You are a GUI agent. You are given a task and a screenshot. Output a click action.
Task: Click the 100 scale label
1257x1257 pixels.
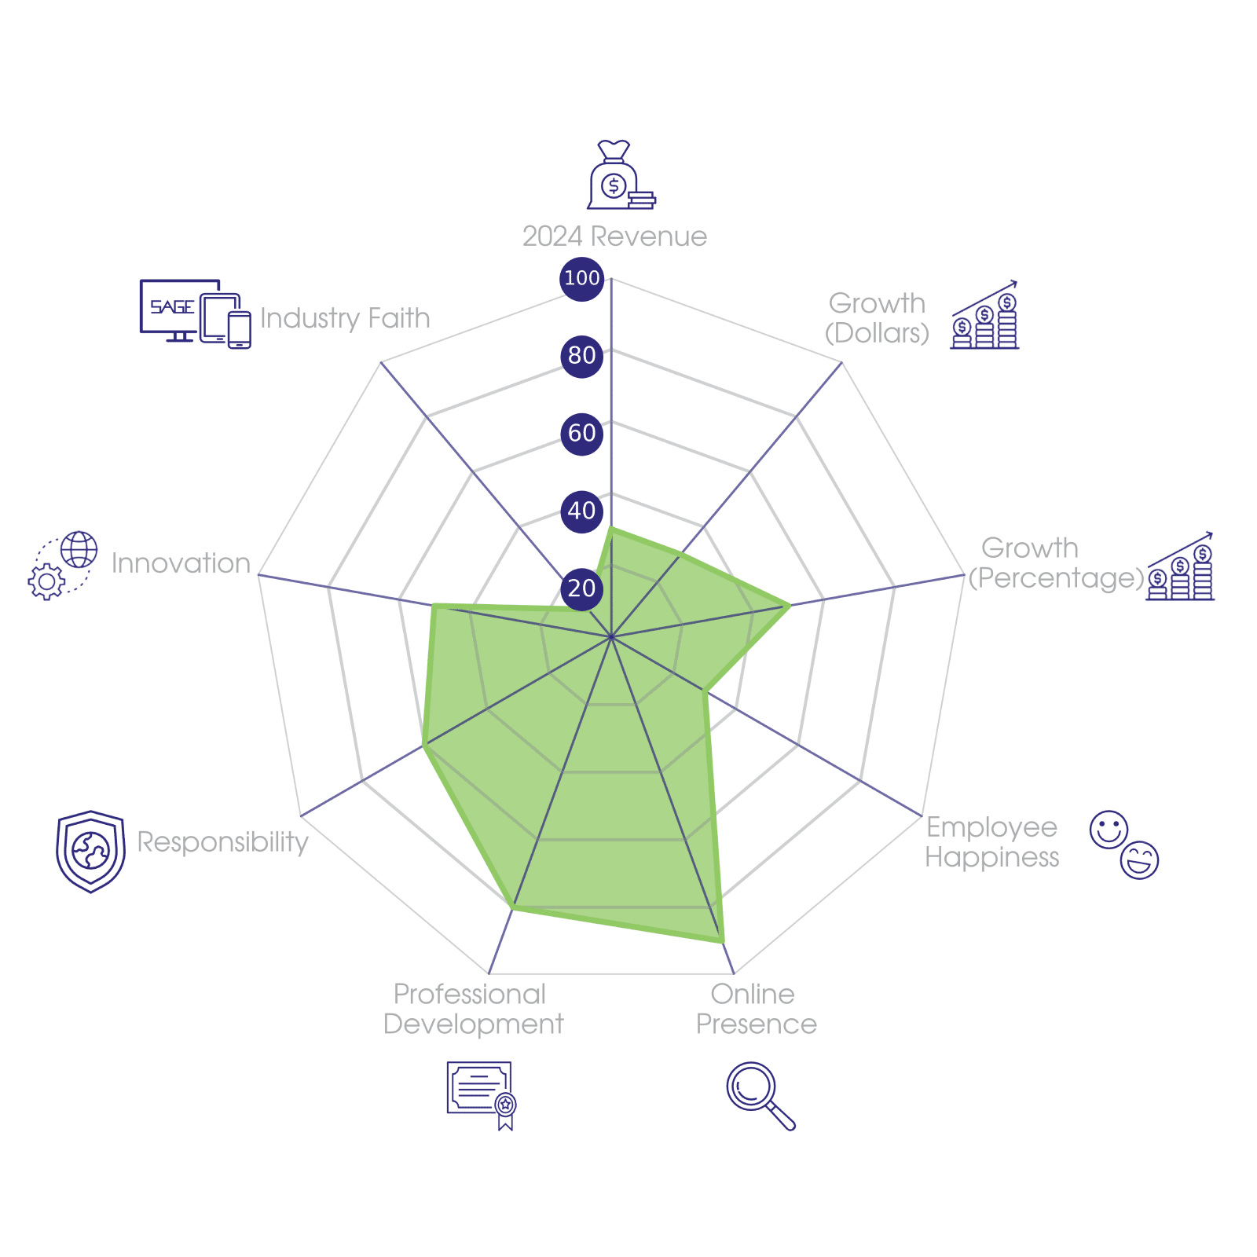click(x=581, y=278)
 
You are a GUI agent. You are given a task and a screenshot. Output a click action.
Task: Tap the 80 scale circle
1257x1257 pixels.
click(x=581, y=355)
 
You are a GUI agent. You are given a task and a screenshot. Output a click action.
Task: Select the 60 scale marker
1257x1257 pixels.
click(x=581, y=433)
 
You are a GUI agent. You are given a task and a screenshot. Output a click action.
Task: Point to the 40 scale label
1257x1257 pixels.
click(x=581, y=511)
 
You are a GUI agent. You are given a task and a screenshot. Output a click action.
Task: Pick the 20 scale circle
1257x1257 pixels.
click(x=581, y=588)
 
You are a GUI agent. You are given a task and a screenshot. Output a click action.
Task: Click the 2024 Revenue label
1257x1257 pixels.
click(x=614, y=236)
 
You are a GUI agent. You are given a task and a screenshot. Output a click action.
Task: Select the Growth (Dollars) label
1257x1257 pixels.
click(x=877, y=318)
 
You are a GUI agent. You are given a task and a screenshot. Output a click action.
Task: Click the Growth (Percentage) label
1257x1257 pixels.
click(x=1055, y=563)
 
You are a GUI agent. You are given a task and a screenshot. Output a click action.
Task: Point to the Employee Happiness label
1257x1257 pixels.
click(x=991, y=841)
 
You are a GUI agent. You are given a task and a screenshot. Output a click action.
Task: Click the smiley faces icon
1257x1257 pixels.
click(x=1124, y=844)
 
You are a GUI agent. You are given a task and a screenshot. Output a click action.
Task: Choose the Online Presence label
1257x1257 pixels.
click(x=756, y=1009)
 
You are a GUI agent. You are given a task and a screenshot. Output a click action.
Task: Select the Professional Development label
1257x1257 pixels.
click(x=473, y=1009)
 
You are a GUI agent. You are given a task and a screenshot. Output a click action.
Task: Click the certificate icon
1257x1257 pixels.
click(x=481, y=1094)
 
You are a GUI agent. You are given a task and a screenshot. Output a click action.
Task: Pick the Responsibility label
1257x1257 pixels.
click(x=223, y=841)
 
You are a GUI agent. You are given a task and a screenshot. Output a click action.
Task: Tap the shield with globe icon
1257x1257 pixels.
click(x=90, y=852)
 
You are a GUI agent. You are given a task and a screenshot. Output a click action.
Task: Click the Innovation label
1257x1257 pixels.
click(x=181, y=563)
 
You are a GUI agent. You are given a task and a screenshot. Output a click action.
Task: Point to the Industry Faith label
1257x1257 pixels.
click(x=345, y=318)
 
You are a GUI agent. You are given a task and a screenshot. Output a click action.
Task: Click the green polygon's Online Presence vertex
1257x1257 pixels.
click(x=722, y=942)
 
